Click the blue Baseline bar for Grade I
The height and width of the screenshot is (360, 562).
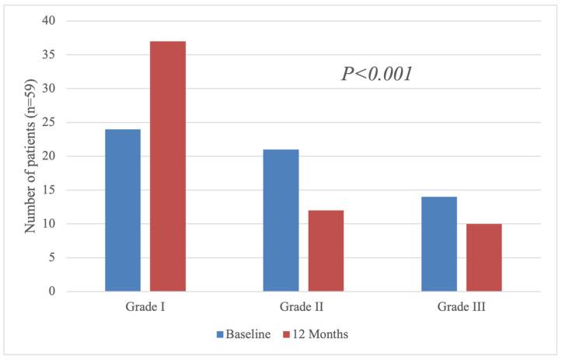click(x=123, y=210)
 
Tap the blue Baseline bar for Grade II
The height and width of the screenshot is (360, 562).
click(x=281, y=220)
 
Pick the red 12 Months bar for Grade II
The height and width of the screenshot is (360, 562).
click(x=326, y=250)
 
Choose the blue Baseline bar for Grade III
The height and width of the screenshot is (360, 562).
click(x=439, y=244)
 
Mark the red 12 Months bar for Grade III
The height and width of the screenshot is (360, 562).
click(x=484, y=257)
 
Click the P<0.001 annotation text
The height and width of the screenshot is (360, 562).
click(x=377, y=75)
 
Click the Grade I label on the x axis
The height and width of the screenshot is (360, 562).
click(x=145, y=307)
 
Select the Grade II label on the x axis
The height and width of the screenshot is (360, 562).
click(x=303, y=307)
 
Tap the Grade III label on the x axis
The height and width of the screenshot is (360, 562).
click(x=462, y=307)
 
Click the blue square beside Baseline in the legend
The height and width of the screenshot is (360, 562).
click(x=222, y=335)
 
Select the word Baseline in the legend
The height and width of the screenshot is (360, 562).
click(x=248, y=335)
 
